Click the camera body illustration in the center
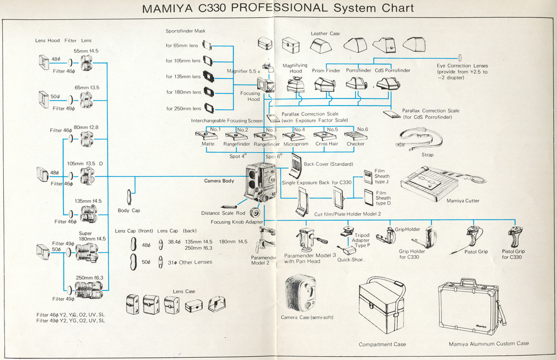pos(261,182)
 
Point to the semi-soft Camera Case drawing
pos(300,293)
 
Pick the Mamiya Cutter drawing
pos(430,182)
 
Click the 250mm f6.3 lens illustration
pos(89,290)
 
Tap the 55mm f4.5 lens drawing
pos(86,63)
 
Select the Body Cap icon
pos(129,196)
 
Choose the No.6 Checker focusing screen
pos(355,135)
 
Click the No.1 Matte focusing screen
pos(206,135)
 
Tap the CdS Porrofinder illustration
pos(388,83)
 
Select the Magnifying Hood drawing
pos(295,85)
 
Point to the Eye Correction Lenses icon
pos(460,57)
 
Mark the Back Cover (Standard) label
pos(328,164)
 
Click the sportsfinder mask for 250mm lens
pos(209,108)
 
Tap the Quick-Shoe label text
pos(350,259)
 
